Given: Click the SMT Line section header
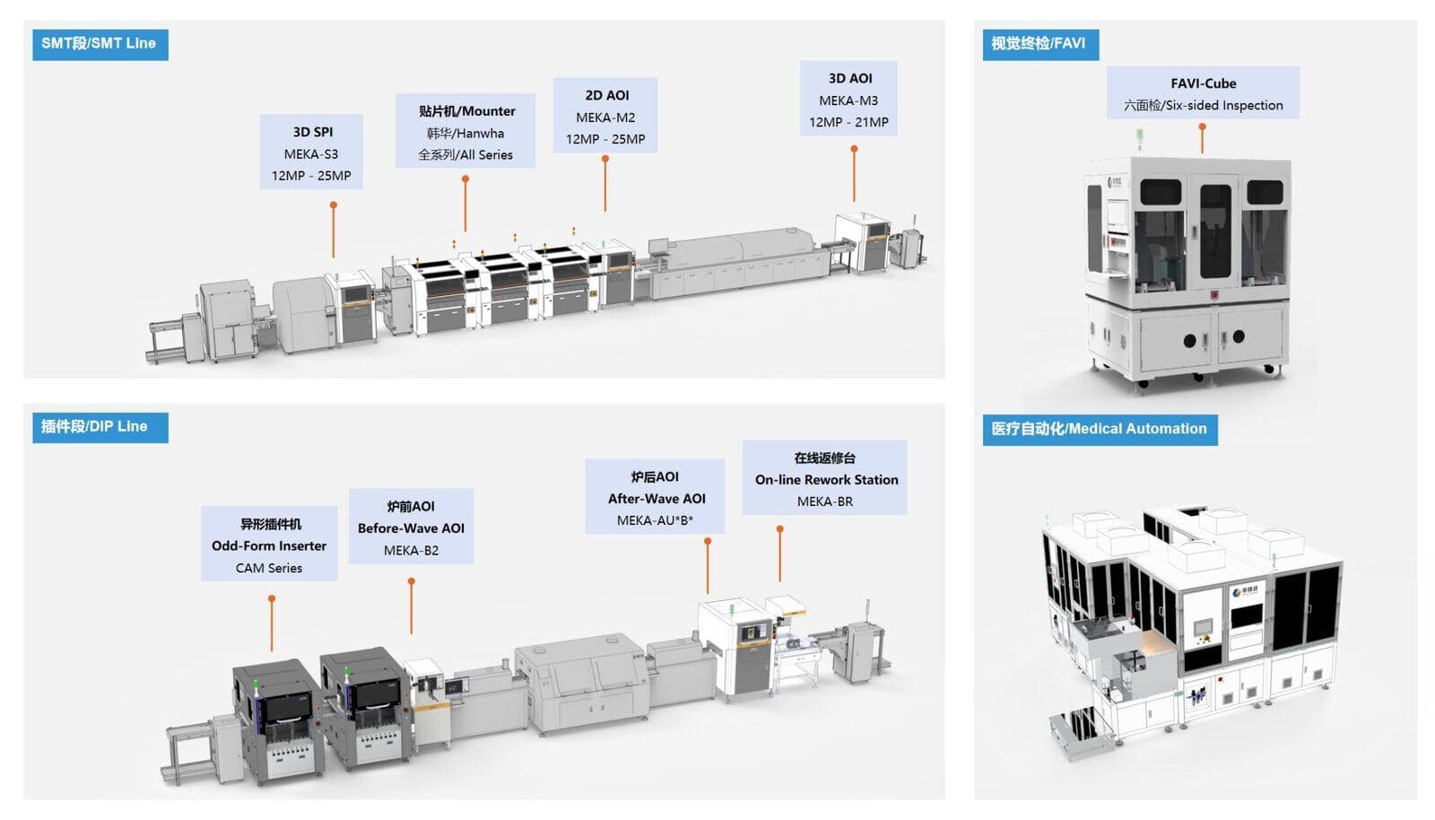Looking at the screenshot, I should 99,44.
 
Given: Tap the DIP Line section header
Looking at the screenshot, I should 94,427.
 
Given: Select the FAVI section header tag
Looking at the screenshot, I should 1039,44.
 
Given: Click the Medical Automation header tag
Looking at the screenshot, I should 1099,429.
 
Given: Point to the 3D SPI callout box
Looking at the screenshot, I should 311,153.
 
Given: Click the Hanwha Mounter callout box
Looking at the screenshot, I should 465,132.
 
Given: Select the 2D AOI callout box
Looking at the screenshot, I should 605,117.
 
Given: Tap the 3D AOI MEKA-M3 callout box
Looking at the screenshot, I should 848,100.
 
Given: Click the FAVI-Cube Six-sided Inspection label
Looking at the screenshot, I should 1203,93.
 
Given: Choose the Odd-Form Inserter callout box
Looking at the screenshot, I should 269,545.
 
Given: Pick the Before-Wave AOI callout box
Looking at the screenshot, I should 411,528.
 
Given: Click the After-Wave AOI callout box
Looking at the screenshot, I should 656,498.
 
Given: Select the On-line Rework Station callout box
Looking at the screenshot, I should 825,478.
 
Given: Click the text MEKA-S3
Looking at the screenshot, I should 311,154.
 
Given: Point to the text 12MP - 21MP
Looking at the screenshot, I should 848,122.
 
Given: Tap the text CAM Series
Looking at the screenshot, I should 269,568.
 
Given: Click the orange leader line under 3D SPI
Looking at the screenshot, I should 334,231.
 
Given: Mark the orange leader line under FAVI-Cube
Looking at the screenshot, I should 1202,139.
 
